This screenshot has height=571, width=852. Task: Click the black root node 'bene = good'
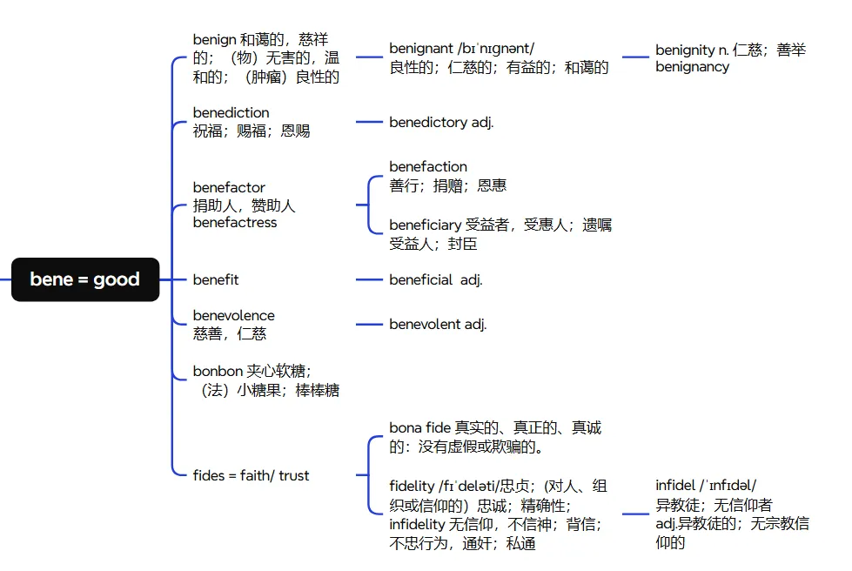pos(84,279)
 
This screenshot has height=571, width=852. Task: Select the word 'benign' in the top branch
pos(213,39)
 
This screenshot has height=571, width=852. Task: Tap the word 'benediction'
pos(231,112)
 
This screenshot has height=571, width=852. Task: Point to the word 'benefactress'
pos(234,223)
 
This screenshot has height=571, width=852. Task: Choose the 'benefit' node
pos(215,279)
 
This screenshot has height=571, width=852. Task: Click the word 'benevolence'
pos(233,315)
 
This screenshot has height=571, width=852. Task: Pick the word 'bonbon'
pos(218,371)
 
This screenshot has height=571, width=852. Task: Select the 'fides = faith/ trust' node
pos(251,475)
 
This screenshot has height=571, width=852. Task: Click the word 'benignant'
pos(421,49)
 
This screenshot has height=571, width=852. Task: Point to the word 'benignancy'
pos(692,67)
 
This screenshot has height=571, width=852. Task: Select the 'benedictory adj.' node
pos(441,123)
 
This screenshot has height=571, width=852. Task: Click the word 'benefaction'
pos(428,166)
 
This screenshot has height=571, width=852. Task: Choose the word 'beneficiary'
pos(426,225)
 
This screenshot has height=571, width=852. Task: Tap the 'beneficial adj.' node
pos(435,279)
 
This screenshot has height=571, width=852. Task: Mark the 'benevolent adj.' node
pos(438,324)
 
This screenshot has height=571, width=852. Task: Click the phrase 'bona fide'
pos(419,427)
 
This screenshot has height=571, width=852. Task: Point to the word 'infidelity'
pos(417,525)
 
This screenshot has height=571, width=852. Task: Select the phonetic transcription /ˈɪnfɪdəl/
pos(728,485)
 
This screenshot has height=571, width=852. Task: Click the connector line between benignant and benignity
pos(635,57)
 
